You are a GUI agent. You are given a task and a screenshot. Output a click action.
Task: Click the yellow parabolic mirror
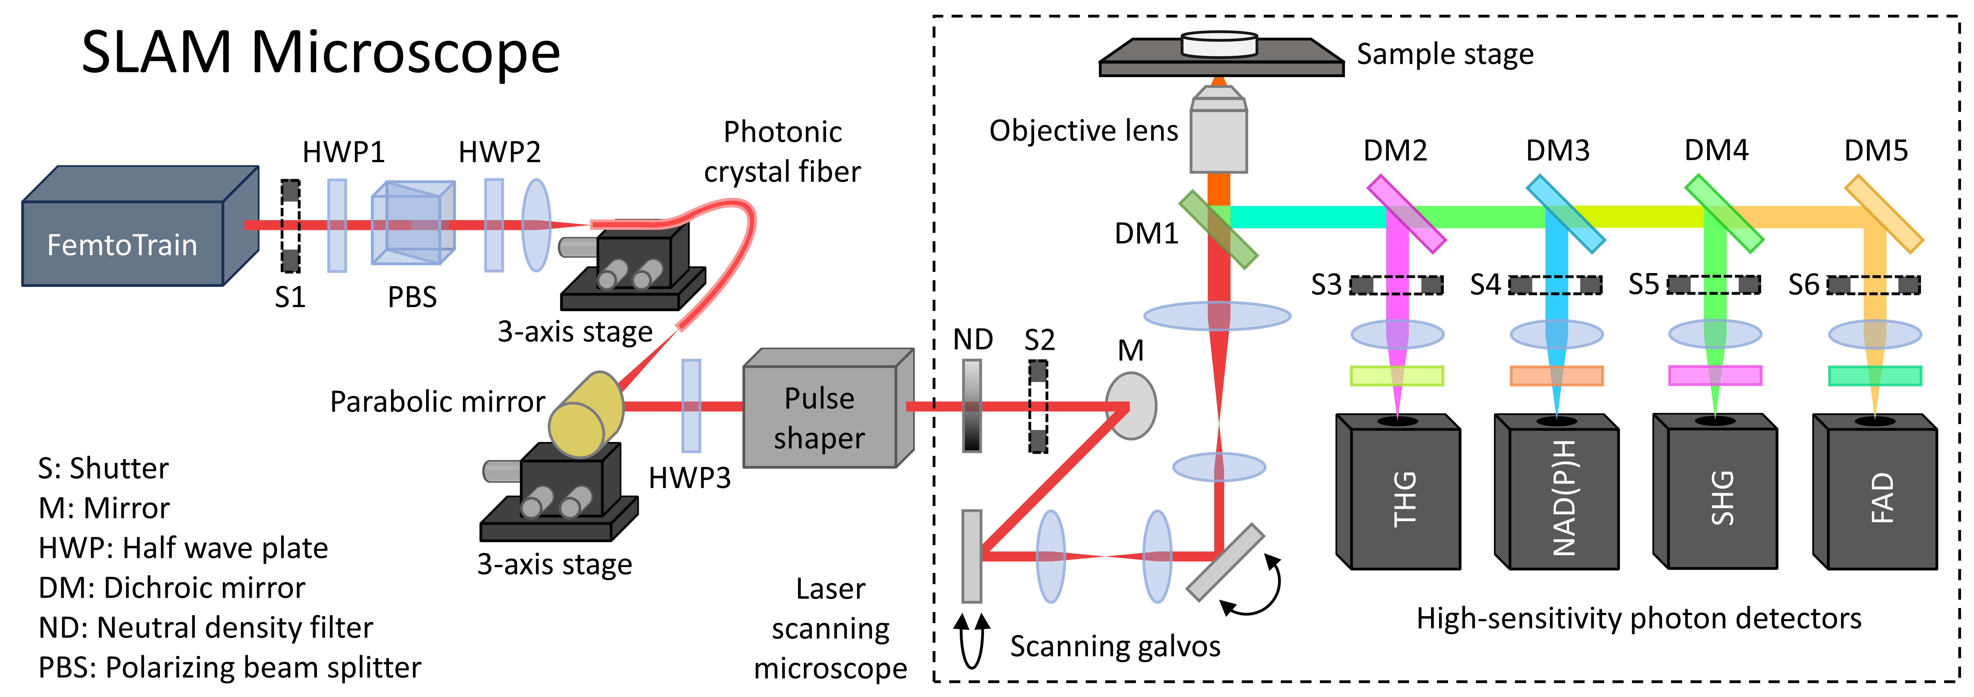coord(586,415)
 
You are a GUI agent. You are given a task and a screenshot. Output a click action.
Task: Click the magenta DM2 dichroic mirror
coord(1406,214)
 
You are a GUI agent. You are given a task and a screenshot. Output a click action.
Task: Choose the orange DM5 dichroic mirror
coord(1884,214)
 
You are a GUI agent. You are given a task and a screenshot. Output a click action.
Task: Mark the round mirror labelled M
coord(1131,406)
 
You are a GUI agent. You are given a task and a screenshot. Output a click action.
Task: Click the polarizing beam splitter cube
coord(413,222)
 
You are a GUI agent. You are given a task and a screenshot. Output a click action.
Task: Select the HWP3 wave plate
coord(691,406)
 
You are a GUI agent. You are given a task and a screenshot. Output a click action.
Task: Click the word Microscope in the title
coord(406,54)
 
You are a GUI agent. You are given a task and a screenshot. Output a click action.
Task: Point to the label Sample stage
coord(1445,54)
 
